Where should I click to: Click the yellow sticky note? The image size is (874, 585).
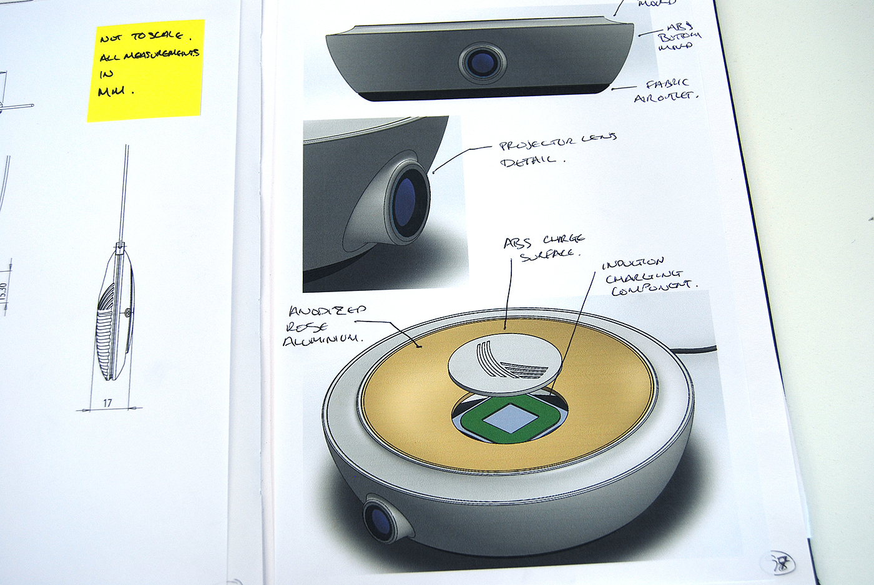pyautogui.click(x=146, y=70)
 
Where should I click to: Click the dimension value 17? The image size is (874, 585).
pyautogui.click(x=107, y=403)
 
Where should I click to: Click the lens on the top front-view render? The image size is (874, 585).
pyautogui.click(x=482, y=63)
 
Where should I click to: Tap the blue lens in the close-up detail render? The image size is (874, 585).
pyautogui.click(x=406, y=202)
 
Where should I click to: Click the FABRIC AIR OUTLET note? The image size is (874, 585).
pyautogui.click(x=665, y=91)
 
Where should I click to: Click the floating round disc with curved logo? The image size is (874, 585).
pyautogui.click(x=504, y=364)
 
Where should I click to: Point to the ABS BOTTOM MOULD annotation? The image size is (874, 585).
pyautogui.click(x=679, y=36)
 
